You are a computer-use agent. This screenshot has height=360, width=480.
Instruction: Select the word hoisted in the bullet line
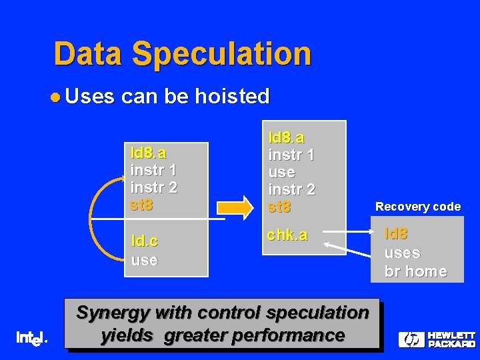(232, 97)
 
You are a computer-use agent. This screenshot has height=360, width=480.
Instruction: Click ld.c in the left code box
(145, 241)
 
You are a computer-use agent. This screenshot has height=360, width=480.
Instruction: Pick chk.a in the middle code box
(287, 235)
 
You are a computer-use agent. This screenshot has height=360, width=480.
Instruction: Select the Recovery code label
(417, 207)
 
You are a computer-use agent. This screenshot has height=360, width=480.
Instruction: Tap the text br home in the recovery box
(415, 271)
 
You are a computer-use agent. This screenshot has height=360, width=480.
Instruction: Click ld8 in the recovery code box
(396, 234)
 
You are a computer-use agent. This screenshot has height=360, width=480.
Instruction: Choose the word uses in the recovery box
(402, 253)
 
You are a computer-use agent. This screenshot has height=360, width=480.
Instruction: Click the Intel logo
(31, 339)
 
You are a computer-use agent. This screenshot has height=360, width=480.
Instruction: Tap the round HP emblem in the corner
(411, 340)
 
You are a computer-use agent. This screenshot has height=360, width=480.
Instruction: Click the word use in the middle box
(281, 172)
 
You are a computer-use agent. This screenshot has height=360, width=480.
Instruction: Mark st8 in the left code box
(142, 205)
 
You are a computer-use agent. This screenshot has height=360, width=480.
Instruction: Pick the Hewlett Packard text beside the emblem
(451, 340)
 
